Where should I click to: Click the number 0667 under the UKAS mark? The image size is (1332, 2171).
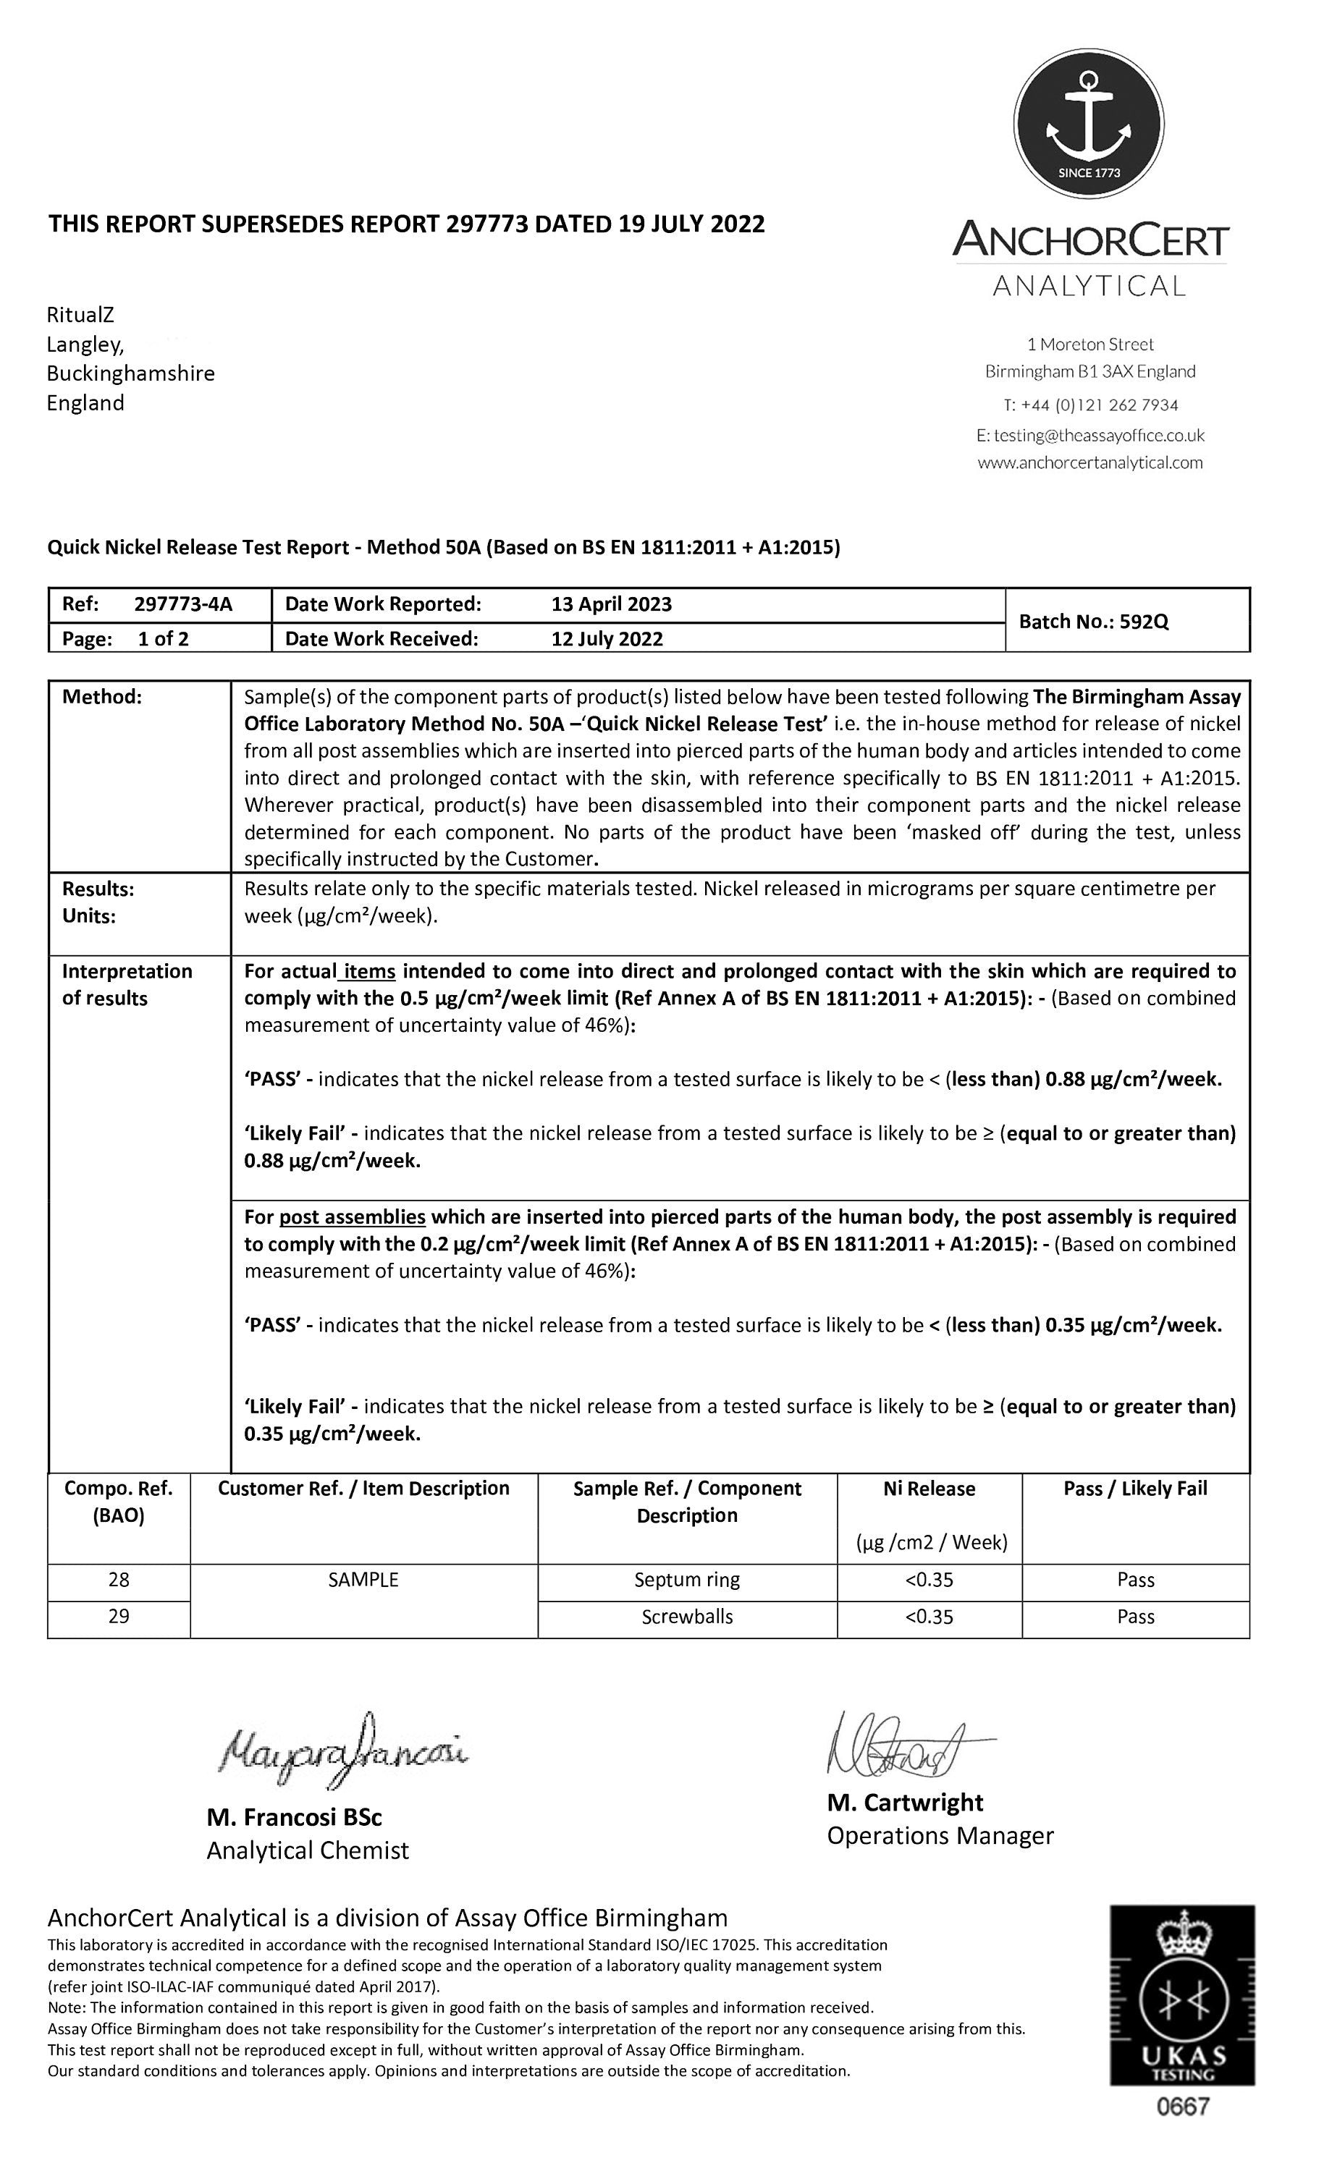click(x=1183, y=2107)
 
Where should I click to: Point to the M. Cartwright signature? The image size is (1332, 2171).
click(x=908, y=1743)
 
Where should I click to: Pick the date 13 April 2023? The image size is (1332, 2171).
click(x=611, y=604)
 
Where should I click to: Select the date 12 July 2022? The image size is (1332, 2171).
click(x=607, y=639)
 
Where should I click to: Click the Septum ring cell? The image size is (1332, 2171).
click(x=687, y=1580)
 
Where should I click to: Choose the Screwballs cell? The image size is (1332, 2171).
click(x=687, y=1617)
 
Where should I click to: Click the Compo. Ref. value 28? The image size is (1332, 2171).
click(x=119, y=1580)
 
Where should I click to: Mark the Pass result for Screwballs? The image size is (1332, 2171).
click(x=1134, y=1617)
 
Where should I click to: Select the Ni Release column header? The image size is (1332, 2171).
click(x=929, y=1489)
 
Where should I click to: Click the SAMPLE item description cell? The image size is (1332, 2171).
click(x=363, y=1580)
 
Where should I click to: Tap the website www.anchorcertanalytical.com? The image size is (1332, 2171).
click(x=1089, y=462)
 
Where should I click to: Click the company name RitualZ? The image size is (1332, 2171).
click(x=80, y=315)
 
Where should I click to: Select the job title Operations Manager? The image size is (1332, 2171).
click(x=940, y=1835)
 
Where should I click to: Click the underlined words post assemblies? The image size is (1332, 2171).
click(x=352, y=1216)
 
